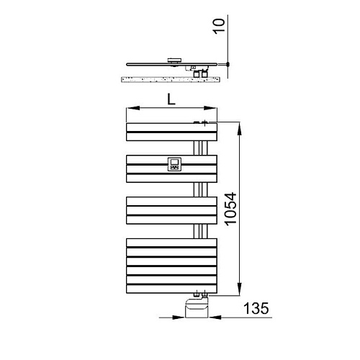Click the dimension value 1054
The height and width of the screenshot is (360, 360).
(x=231, y=209)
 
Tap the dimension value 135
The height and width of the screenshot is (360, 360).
(x=256, y=308)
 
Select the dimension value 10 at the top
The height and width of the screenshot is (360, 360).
(x=219, y=27)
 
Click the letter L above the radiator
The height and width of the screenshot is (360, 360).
(x=171, y=99)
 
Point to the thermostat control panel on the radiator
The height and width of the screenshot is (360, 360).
(x=174, y=164)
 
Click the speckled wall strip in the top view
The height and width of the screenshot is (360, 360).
(x=170, y=79)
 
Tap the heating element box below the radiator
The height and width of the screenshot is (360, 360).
(x=197, y=307)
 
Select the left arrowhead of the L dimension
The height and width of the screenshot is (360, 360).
(x=133, y=108)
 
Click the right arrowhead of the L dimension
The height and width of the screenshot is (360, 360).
(x=210, y=108)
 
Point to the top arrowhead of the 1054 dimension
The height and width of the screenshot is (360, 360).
(x=240, y=130)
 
